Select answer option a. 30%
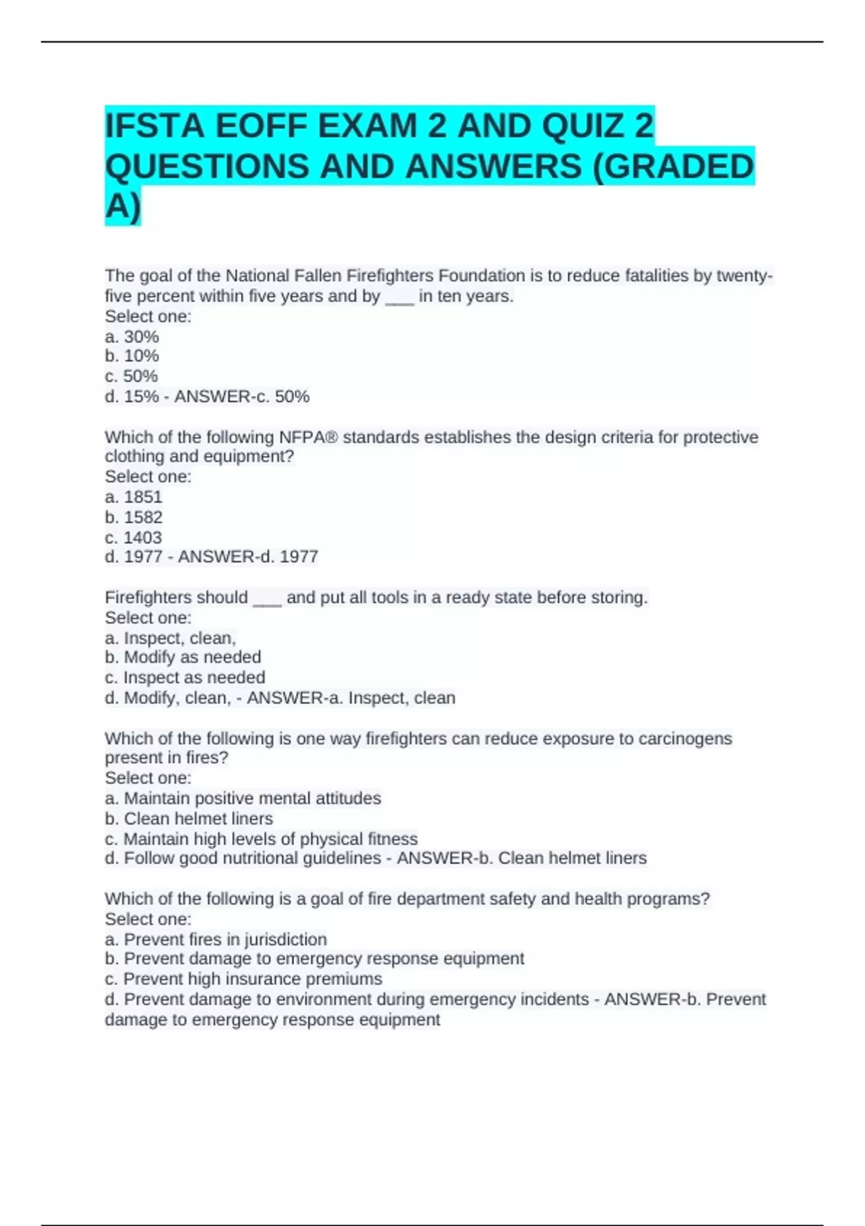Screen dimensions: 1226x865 (132, 337)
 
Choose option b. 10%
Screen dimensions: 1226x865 (132, 356)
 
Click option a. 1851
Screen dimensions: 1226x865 (134, 497)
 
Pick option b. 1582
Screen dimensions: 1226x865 (134, 517)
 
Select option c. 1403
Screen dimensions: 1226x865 (133, 537)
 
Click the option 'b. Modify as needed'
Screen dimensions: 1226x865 (183, 657)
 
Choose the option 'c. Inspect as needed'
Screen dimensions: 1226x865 (185, 677)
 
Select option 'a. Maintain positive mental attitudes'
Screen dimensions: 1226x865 (243, 798)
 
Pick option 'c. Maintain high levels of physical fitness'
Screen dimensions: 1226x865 (261, 839)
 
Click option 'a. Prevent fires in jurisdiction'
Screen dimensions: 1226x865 (216, 940)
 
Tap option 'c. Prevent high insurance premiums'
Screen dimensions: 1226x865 (244, 979)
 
